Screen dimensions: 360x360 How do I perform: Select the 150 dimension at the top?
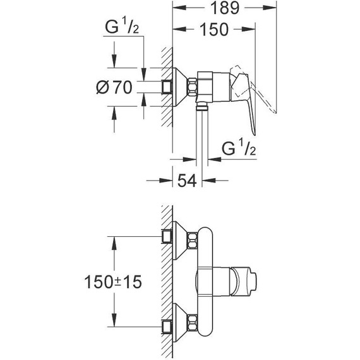[215, 30]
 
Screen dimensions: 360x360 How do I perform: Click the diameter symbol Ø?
[104, 88]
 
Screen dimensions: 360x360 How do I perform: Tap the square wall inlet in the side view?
[168, 87]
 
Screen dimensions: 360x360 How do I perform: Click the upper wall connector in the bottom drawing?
[168, 236]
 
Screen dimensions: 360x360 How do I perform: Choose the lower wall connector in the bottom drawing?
[168, 327]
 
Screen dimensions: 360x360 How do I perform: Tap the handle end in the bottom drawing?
[253, 280]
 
